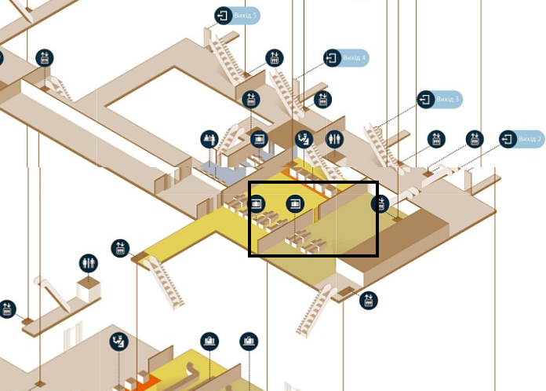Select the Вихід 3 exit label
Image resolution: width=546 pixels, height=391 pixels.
click(x=448, y=100)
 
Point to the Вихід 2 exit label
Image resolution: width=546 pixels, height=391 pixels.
click(x=531, y=139)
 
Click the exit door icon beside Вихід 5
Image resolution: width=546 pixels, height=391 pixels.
click(x=224, y=15)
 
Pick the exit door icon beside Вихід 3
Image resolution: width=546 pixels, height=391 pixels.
click(x=426, y=100)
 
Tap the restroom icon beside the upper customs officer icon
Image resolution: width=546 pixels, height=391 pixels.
click(x=335, y=139)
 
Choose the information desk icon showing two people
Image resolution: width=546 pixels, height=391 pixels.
click(x=209, y=139)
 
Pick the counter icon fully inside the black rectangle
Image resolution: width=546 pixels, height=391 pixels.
click(x=294, y=203)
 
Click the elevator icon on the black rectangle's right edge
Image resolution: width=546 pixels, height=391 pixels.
click(x=380, y=204)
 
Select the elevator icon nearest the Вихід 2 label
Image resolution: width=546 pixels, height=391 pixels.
click(x=474, y=139)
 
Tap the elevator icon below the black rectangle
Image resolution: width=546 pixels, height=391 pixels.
click(x=368, y=300)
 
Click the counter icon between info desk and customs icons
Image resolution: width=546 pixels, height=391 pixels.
click(x=258, y=139)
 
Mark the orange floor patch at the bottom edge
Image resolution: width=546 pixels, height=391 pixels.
click(x=150, y=383)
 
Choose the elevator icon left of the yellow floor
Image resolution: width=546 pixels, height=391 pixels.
click(x=120, y=247)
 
